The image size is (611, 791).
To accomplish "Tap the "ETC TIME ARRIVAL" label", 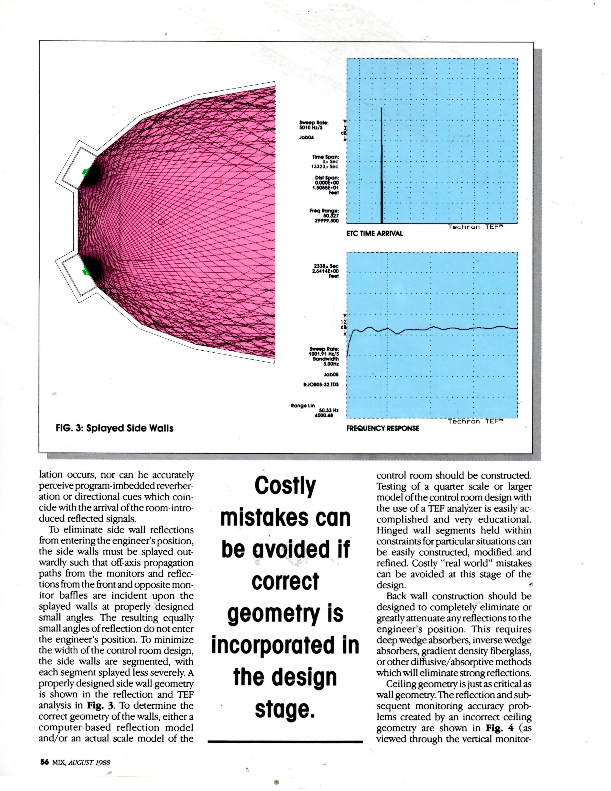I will (375, 234).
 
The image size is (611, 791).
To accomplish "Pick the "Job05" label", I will (331, 375).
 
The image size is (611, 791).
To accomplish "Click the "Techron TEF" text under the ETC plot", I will (476, 227).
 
